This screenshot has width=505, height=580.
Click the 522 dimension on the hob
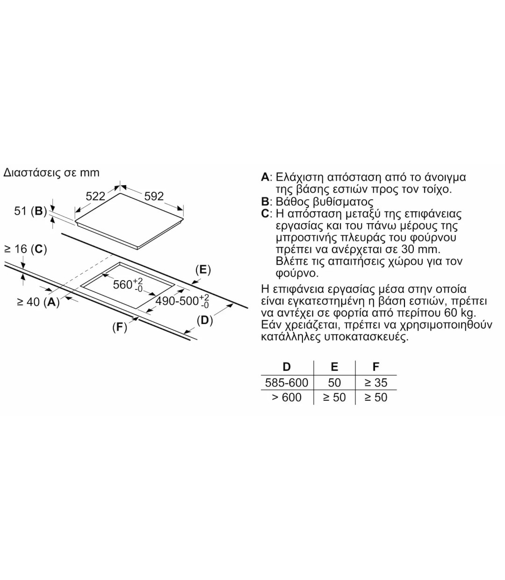click(x=95, y=196)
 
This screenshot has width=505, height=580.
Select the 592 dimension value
click(x=154, y=196)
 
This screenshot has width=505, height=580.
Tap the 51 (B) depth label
click(x=30, y=211)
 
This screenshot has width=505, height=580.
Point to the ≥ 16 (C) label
click(x=26, y=249)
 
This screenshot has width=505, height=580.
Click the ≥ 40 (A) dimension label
click(x=38, y=302)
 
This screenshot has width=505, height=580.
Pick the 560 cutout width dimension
click(x=128, y=284)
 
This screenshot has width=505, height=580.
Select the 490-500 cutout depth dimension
click(x=182, y=301)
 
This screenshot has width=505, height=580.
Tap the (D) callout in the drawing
click(x=205, y=320)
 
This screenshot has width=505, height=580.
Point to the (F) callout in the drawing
click(x=120, y=327)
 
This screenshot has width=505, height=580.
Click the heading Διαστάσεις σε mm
click(x=51, y=173)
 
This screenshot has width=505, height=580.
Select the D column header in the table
click(x=287, y=367)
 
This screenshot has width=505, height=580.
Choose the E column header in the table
click(x=334, y=367)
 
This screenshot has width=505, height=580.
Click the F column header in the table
click(x=376, y=367)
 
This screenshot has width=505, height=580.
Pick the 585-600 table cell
click(x=287, y=383)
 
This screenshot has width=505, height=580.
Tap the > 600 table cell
click(x=287, y=397)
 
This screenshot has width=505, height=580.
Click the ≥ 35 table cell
click(x=376, y=383)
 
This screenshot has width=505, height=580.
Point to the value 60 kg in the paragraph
click(x=457, y=313)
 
